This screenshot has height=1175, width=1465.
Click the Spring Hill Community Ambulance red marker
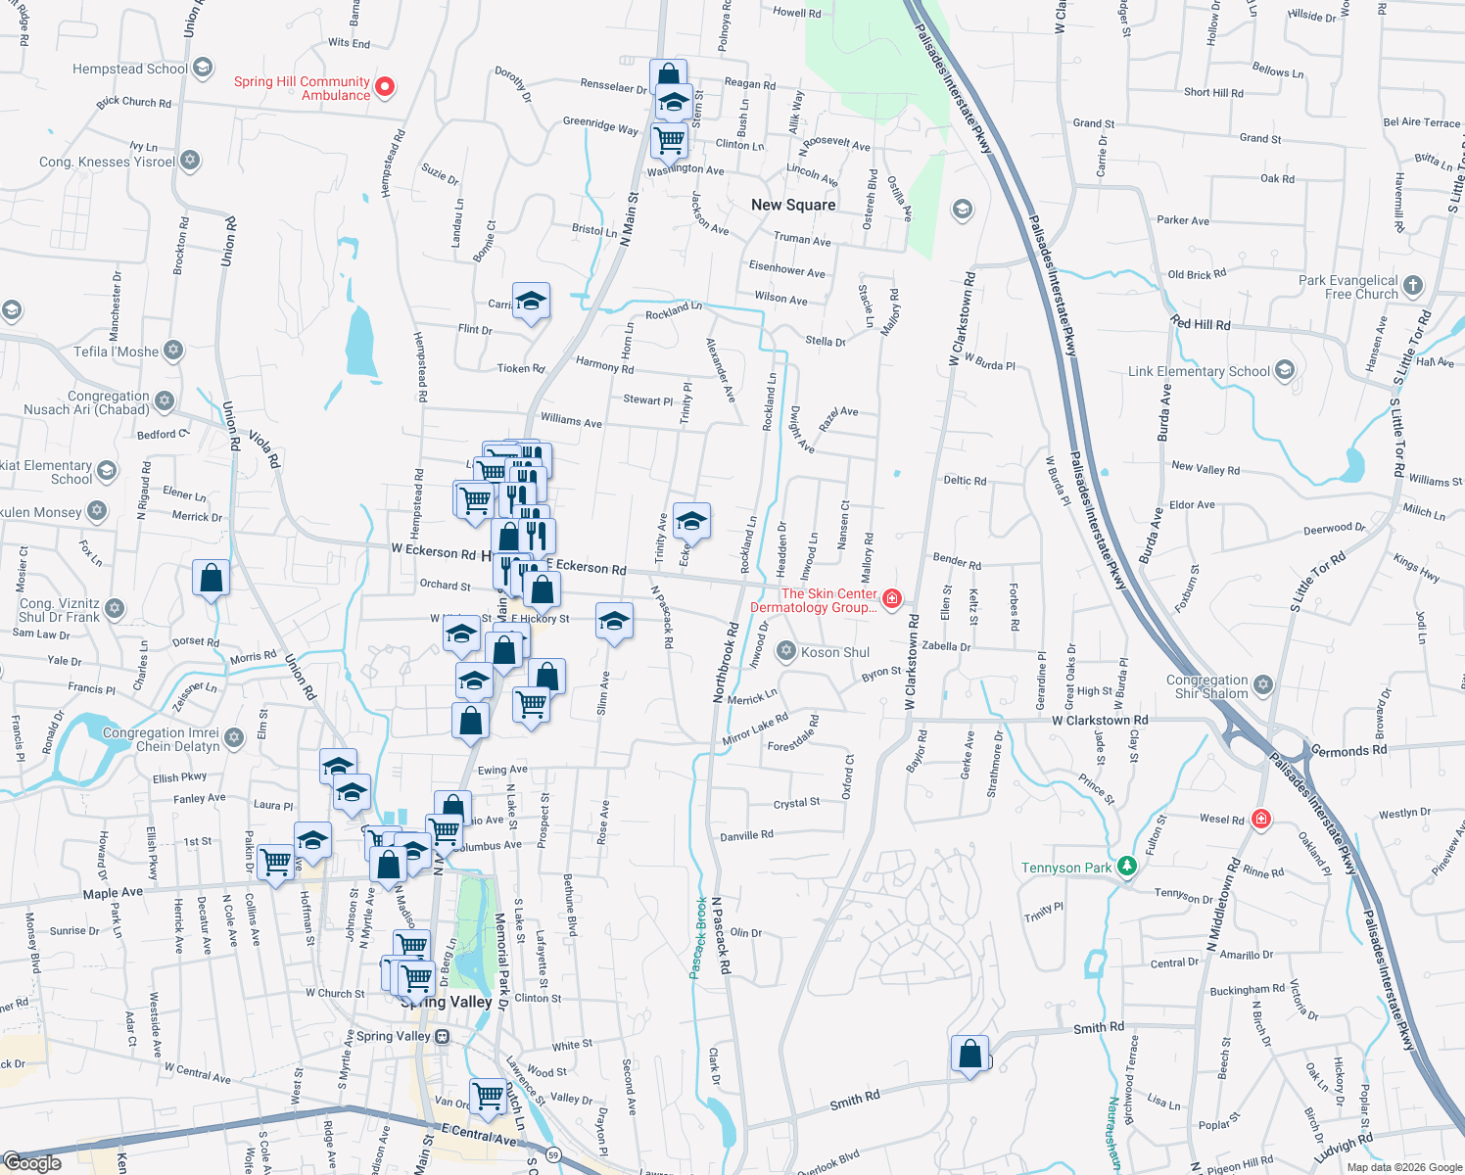click(385, 87)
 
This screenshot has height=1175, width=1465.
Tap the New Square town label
click(793, 205)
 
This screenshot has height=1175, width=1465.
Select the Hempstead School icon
click(203, 68)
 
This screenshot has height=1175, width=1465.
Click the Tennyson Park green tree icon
click(1127, 867)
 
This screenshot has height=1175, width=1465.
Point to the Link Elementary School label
click(1199, 372)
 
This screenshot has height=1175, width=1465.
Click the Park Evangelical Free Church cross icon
click(1412, 286)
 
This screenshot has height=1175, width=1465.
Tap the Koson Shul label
click(834, 652)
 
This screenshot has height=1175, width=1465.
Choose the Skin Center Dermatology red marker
click(891, 598)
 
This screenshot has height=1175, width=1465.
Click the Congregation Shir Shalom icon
click(1263, 684)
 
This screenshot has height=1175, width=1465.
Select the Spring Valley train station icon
click(443, 1036)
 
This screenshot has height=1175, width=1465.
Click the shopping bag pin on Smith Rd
click(969, 1055)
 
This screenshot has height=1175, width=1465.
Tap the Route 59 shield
click(553, 1154)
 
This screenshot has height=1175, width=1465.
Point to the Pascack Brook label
click(698, 938)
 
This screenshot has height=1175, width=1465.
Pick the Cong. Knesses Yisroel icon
click(190, 160)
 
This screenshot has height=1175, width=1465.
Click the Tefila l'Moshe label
click(116, 352)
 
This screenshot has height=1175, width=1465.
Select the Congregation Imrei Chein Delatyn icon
click(233, 737)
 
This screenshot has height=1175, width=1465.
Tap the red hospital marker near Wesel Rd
click(1260, 819)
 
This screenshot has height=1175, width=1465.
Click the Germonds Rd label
click(1348, 751)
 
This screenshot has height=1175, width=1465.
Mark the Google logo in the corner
click(32, 1162)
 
